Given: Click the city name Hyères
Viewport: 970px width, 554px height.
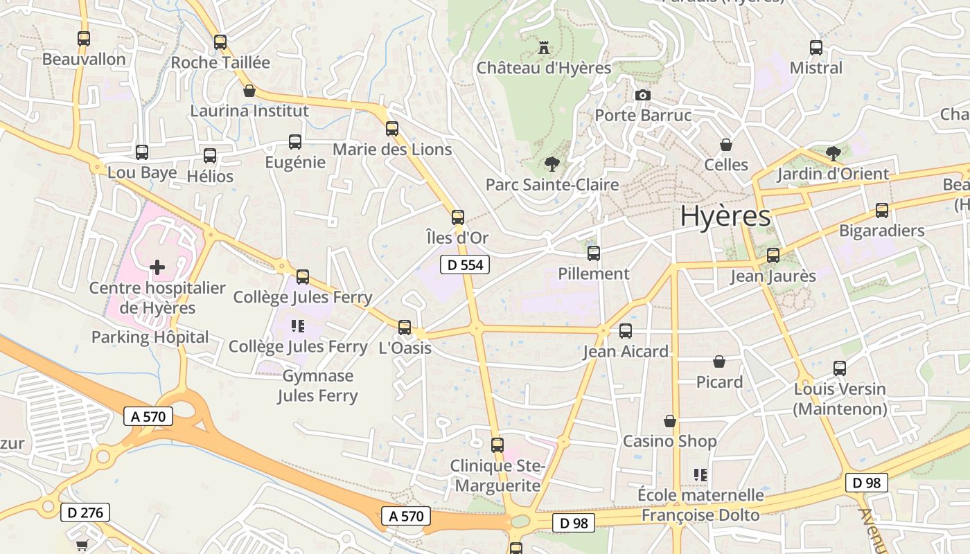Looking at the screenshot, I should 725,216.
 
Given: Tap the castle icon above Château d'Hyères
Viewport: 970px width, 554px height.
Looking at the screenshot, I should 544,48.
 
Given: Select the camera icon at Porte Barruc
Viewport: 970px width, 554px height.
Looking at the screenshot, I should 643,95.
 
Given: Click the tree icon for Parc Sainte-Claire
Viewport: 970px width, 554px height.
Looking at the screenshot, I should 552,164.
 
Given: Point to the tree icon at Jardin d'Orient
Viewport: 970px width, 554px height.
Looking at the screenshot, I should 833,153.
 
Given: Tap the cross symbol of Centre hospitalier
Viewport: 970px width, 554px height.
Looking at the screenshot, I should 157,267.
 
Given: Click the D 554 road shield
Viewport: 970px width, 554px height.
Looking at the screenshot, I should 465,264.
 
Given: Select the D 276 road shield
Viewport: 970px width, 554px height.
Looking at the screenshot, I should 85,512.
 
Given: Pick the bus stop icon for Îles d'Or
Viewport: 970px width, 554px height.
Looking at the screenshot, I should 457,217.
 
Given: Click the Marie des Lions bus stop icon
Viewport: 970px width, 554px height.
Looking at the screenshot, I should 392,128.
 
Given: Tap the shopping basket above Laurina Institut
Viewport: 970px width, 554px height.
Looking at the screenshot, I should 249,91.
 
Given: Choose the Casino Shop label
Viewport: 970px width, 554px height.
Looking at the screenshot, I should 669,441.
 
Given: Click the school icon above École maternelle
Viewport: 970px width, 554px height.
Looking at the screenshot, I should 700,474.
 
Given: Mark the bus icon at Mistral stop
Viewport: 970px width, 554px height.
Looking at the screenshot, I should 816,48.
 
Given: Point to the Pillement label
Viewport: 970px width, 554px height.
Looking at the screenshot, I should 594,274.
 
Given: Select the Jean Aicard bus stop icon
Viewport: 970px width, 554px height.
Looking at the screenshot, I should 626,331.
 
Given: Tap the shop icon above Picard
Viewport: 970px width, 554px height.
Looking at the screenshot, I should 719,361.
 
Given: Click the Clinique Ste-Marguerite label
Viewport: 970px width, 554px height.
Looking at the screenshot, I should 497,476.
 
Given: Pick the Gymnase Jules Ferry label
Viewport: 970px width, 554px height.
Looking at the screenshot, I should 317,386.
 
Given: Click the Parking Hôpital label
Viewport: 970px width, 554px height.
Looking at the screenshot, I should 150,337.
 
